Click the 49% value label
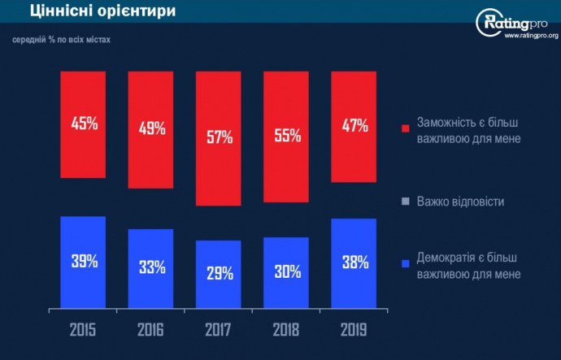[x=151, y=128]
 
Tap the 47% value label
[x=354, y=125]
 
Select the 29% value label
[x=219, y=274]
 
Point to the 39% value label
[x=84, y=262]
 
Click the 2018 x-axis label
[x=286, y=331]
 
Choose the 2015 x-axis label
[x=84, y=331]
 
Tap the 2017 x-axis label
[x=219, y=331]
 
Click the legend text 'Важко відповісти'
[x=460, y=200]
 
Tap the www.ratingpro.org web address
[x=530, y=36]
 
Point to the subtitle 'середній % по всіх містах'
[x=61, y=39]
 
